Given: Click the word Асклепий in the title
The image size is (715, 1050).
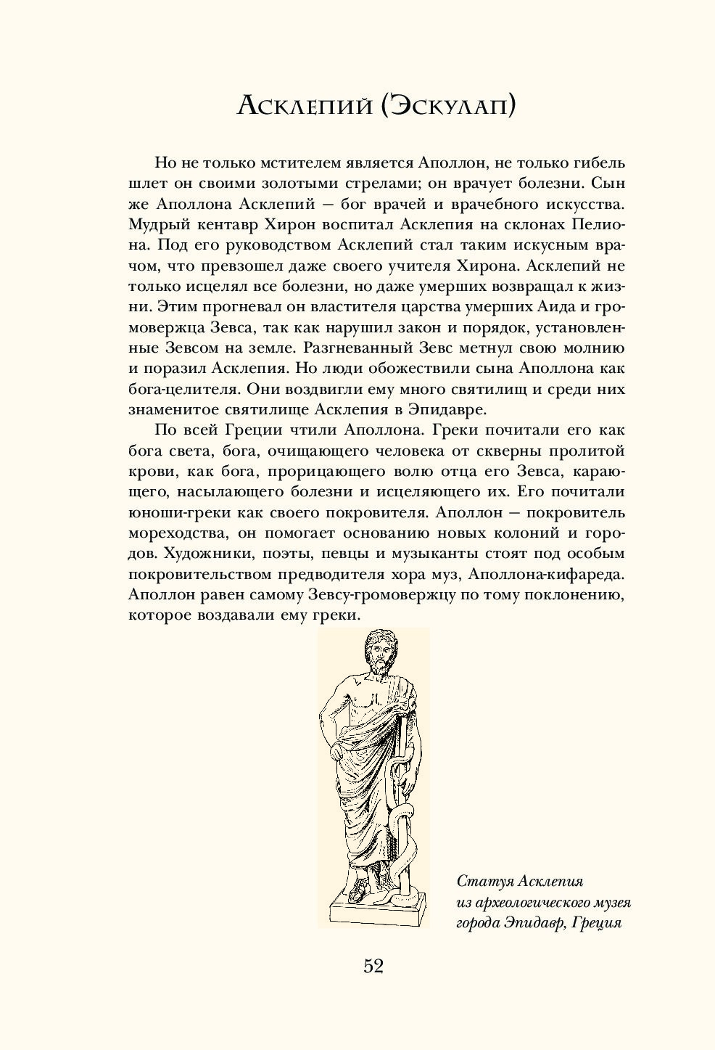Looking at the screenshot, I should [304, 106].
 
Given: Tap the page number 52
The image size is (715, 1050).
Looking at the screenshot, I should [373, 966].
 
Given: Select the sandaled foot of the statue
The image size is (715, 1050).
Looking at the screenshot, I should [355, 889].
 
